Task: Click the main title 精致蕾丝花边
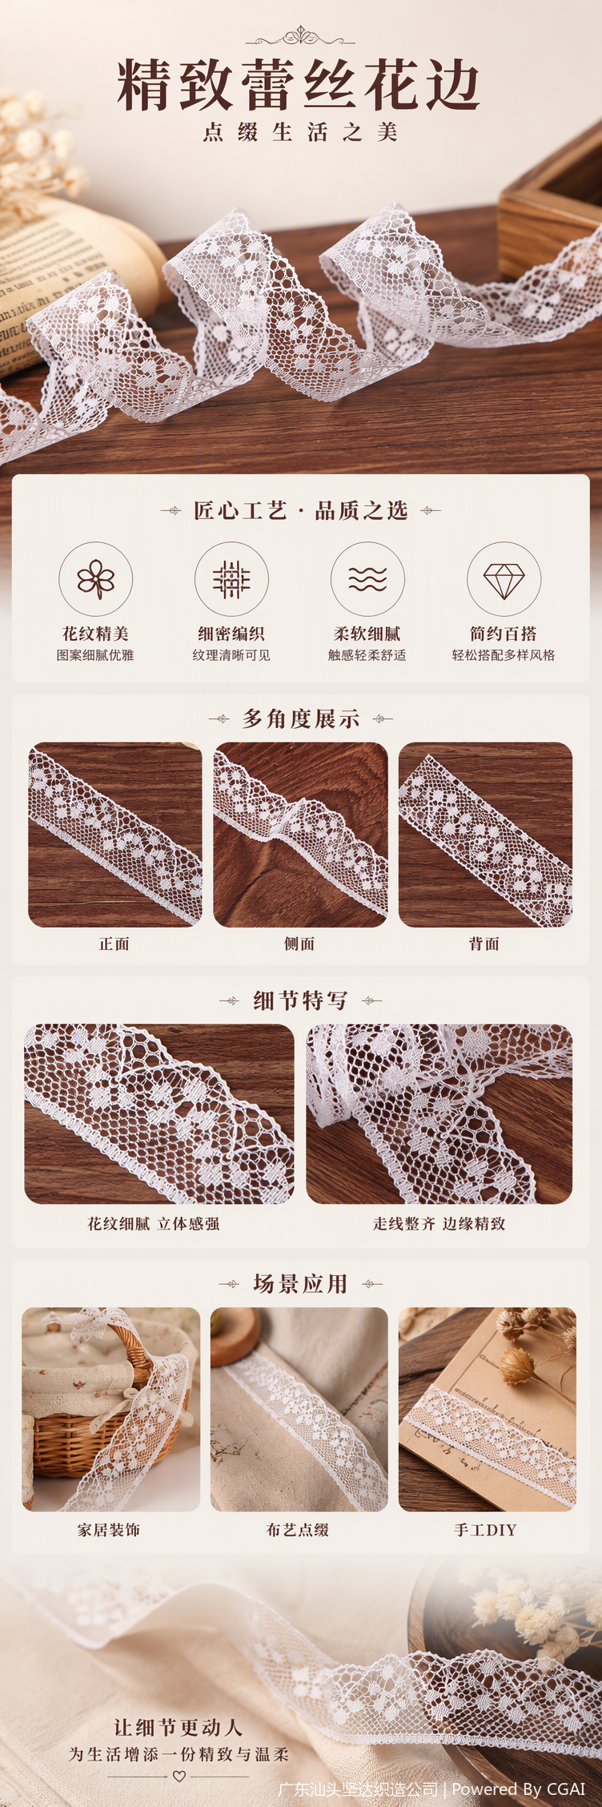[299, 84]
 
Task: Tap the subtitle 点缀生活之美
[300, 132]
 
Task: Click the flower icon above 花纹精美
[95, 579]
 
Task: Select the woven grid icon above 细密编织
[231, 579]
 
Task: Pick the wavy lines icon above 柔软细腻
[367, 579]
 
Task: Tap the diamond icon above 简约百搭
[504, 579]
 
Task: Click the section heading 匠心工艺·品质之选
[301, 511]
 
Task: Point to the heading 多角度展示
[301, 719]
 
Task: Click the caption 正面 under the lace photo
[114, 944]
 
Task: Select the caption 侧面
[299, 944]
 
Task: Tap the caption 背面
[484, 944]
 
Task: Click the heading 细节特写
[301, 1000]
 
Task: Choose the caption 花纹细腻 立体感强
[154, 1224]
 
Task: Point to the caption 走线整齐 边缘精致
[439, 1224]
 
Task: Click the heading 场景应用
[301, 1284]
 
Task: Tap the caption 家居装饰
[109, 1530]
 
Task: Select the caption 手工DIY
[485, 1530]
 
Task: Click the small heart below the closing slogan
[179, 1776]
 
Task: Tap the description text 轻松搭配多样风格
[504, 655]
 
